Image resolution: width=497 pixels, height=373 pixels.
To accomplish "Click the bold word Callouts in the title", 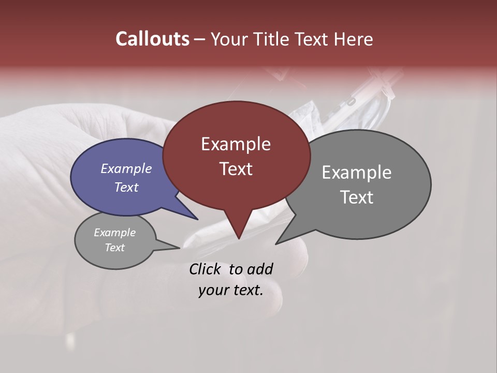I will click(152, 39).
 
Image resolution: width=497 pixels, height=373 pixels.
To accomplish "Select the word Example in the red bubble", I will click(236, 144).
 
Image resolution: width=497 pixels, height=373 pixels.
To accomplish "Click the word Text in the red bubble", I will click(236, 169).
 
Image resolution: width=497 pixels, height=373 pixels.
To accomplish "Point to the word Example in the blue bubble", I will click(126, 168).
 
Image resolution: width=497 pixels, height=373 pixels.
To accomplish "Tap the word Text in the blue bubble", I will click(126, 187).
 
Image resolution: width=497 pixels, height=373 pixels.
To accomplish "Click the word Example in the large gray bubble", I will click(356, 173).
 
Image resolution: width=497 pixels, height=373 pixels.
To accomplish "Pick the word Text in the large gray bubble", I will click(356, 197).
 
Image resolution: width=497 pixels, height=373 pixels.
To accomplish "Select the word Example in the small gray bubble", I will click(114, 233).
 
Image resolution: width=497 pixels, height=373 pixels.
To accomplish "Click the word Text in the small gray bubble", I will click(114, 248).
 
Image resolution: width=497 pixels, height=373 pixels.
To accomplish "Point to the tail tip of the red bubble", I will click(239, 239).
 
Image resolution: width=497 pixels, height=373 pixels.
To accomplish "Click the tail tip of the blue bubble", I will click(198, 219).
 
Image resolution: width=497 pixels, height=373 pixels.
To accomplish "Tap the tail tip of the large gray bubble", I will click(276, 243).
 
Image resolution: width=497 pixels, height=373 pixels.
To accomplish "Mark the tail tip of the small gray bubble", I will click(180, 248).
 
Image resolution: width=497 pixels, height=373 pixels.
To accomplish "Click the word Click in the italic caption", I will click(206, 269).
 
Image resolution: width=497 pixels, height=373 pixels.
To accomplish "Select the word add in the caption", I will click(260, 269).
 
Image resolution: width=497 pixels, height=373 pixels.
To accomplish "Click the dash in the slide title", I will click(200, 39).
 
